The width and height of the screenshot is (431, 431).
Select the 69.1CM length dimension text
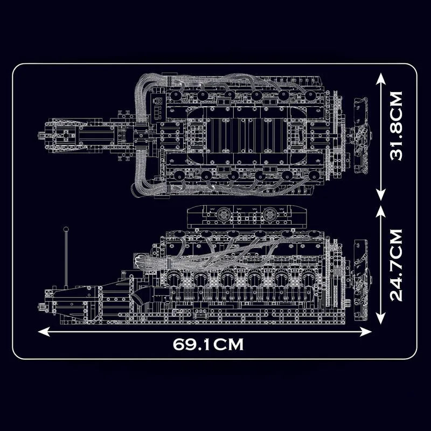tap(208, 344)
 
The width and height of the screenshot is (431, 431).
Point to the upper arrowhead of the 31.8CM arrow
tap(381, 78)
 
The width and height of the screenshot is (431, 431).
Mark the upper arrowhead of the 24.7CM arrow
tap(381, 208)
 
